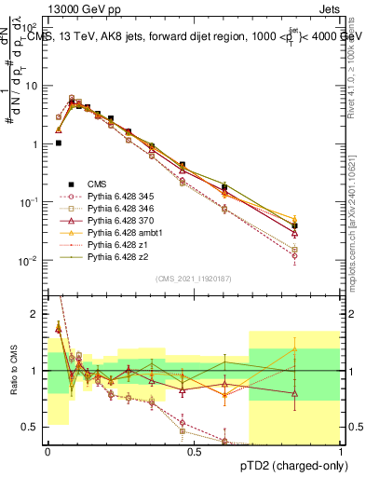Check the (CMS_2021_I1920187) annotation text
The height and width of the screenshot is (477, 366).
[x=194, y=279]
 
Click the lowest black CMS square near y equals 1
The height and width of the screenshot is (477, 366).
[x=58, y=143]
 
